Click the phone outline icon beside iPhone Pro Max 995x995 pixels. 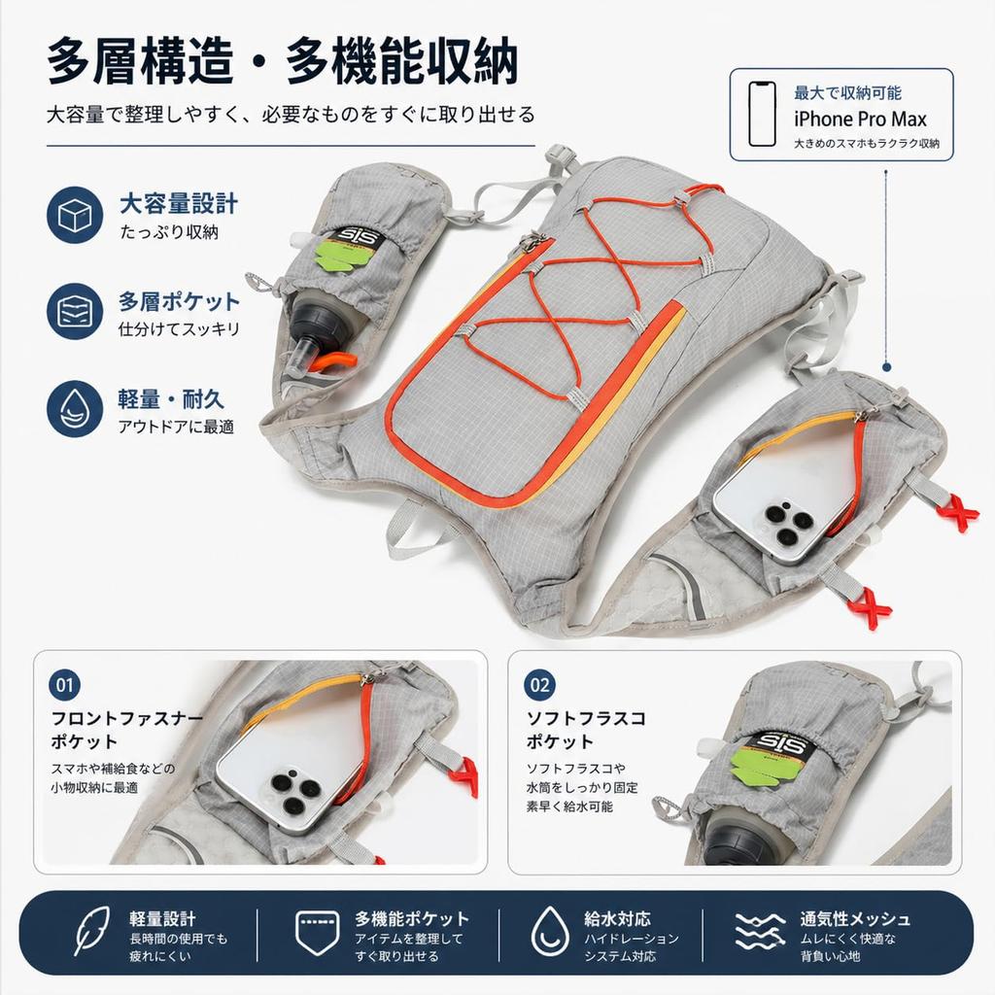click(x=762, y=115)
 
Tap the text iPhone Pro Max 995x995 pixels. click(x=860, y=119)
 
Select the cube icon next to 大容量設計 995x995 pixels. click(x=75, y=215)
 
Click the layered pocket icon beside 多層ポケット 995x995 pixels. click(x=75, y=312)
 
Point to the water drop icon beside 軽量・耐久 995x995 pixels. click(x=75, y=409)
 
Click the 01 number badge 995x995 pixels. click(x=64, y=685)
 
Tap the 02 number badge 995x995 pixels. click(x=539, y=685)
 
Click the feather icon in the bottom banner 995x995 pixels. click(x=92, y=931)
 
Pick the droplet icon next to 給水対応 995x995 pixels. click(x=550, y=931)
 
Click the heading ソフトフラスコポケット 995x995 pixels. click(x=586, y=730)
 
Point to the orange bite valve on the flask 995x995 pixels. click(x=335, y=360)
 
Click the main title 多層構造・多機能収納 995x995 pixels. click(x=283, y=60)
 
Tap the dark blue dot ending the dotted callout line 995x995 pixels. click(x=886, y=366)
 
